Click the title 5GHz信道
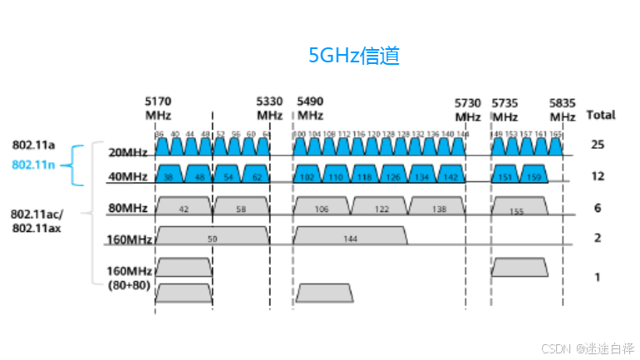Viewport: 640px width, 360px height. pos(355,56)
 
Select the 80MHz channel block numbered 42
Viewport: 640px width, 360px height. pos(184,208)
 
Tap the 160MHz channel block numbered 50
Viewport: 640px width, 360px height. pos(213,237)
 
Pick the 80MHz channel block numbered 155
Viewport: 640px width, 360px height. pos(519,208)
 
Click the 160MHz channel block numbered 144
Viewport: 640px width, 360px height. pos(351,237)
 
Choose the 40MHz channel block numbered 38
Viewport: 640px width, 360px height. pos(170,176)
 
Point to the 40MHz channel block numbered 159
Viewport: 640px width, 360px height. pos(534,176)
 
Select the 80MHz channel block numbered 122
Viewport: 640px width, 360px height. pos(380,208)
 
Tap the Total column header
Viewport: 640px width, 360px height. pos(600,114)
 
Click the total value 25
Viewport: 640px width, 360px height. pos(597,145)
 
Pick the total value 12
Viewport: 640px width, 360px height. pos(597,176)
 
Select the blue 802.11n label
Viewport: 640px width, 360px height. pos(33,164)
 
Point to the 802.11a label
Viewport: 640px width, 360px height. pos(33,145)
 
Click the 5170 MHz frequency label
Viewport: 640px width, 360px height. pos(158,109)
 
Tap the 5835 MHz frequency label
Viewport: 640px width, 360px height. pos(562,109)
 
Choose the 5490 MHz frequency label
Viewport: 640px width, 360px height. pos(310,109)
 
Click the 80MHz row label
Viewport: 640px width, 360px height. pos(129,208)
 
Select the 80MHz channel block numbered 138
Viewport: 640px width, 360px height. pos(436,208)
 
